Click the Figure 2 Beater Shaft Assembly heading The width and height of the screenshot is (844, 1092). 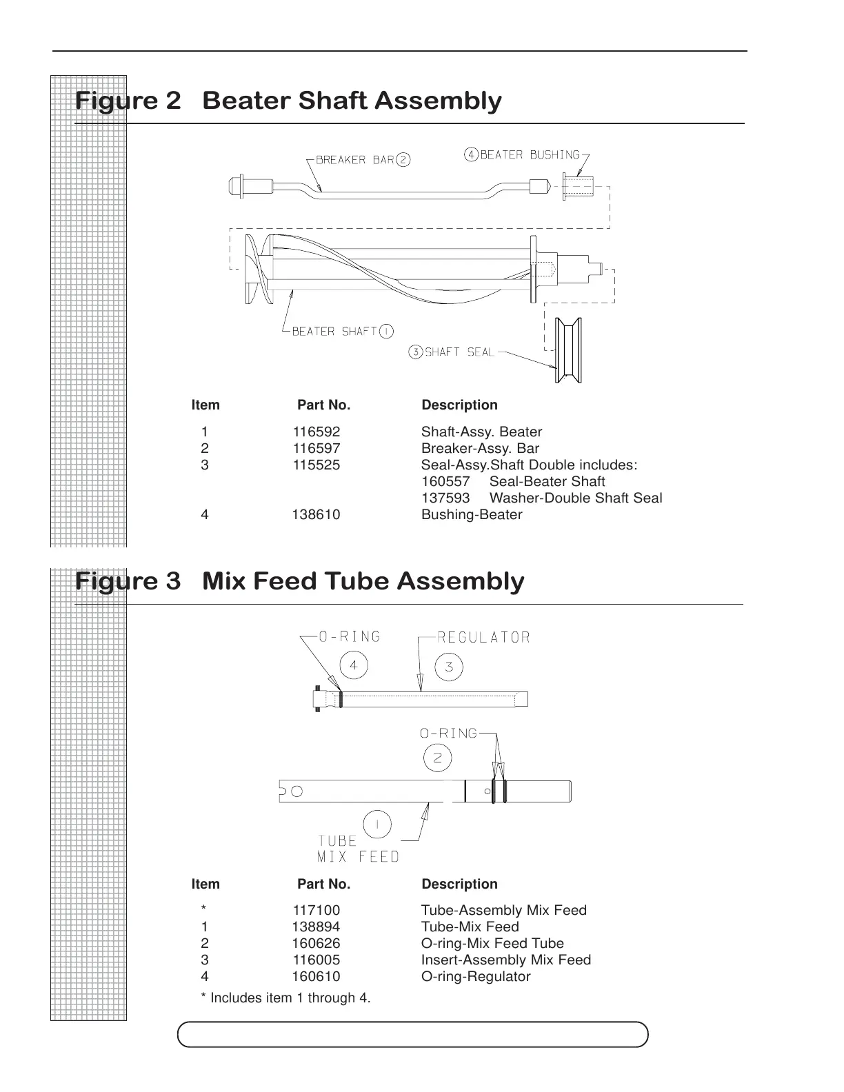click(x=288, y=101)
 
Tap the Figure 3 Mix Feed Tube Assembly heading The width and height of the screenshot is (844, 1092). click(x=299, y=581)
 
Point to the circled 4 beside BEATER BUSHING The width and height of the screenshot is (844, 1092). click(x=471, y=154)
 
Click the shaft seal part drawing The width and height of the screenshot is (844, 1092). click(x=569, y=350)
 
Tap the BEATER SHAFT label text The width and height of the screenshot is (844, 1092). click(x=334, y=332)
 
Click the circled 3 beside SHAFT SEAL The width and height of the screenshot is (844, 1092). click(x=416, y=352)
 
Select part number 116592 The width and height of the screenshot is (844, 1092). click(x=316, y=432)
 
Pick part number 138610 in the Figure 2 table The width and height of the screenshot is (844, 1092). click(x=316, y=515)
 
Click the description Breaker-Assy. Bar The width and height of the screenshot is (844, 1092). click(x=480, y=449)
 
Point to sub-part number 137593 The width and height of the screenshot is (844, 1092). click(x=445, y=498)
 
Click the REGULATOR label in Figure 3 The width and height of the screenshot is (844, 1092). click(x=484, y=637)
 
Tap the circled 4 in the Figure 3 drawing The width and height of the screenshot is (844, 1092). click(x=354, y=666)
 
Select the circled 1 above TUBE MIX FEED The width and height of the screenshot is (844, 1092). click(x=377, y=825)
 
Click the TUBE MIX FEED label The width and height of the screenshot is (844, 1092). click(x=358, y=849)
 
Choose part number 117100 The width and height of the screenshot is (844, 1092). click(x=316, y=911)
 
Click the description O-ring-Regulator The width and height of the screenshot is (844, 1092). click(x=476, y=977)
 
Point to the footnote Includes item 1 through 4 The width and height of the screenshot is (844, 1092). click(x=285, y=998)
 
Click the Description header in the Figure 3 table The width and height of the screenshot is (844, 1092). click(x=459, y=884)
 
